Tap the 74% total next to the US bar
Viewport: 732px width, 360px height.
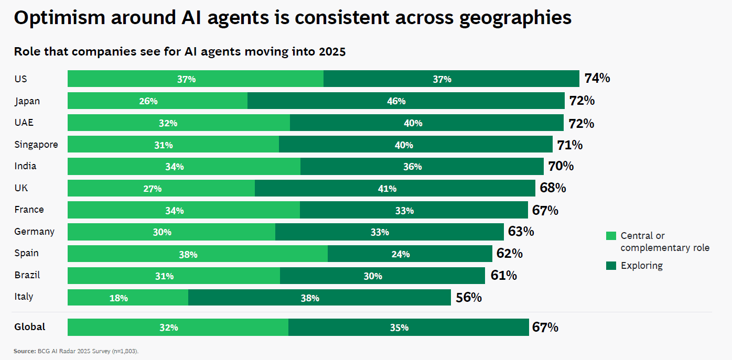click(x=597, y=79)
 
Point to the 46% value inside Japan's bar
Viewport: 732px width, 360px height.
click(x=396, y=101)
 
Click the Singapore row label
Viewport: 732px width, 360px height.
click(x=36, y=145)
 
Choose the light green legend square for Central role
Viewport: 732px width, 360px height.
click(x=611, y=236)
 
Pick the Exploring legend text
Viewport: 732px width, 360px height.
click(x=641, y=266)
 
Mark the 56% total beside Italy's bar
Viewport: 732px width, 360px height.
click(x=469, y=298)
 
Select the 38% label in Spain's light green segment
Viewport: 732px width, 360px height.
click(x=188, y=254)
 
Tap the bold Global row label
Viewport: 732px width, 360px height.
click(x=30, y=327)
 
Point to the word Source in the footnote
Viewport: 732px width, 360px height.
click(x=24, y=351)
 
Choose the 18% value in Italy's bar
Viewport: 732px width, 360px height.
click(x=119, y=298)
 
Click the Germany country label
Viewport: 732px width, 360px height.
click(x=35, y=231)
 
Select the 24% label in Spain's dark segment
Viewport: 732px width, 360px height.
click(x=400, y=254)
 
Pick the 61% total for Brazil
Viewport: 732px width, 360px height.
click(x=504, y=275)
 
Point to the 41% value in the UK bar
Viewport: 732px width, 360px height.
click(x=387, y=189)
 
